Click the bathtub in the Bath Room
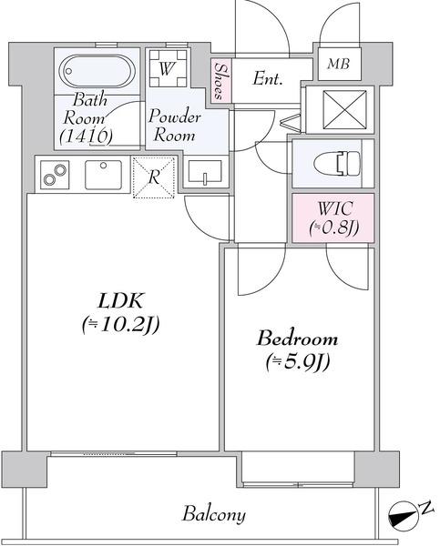point(97,71)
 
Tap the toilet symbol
point(337,163)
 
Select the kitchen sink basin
point(103,175)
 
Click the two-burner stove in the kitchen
point(55,175)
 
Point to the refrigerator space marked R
point(153,177)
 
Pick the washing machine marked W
point(168,68)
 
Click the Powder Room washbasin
point(205,171)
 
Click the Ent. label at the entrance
point(268,78)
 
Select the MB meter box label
point(339,64)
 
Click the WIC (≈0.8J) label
point(334,218)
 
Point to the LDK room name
point(120,301)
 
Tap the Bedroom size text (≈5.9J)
point(298,363)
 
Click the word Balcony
point(214,515)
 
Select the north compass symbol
point(403,514)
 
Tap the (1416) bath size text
point(87,136)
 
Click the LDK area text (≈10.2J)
point(121,325)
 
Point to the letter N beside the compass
point(426,508)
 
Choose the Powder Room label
point(174,126)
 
